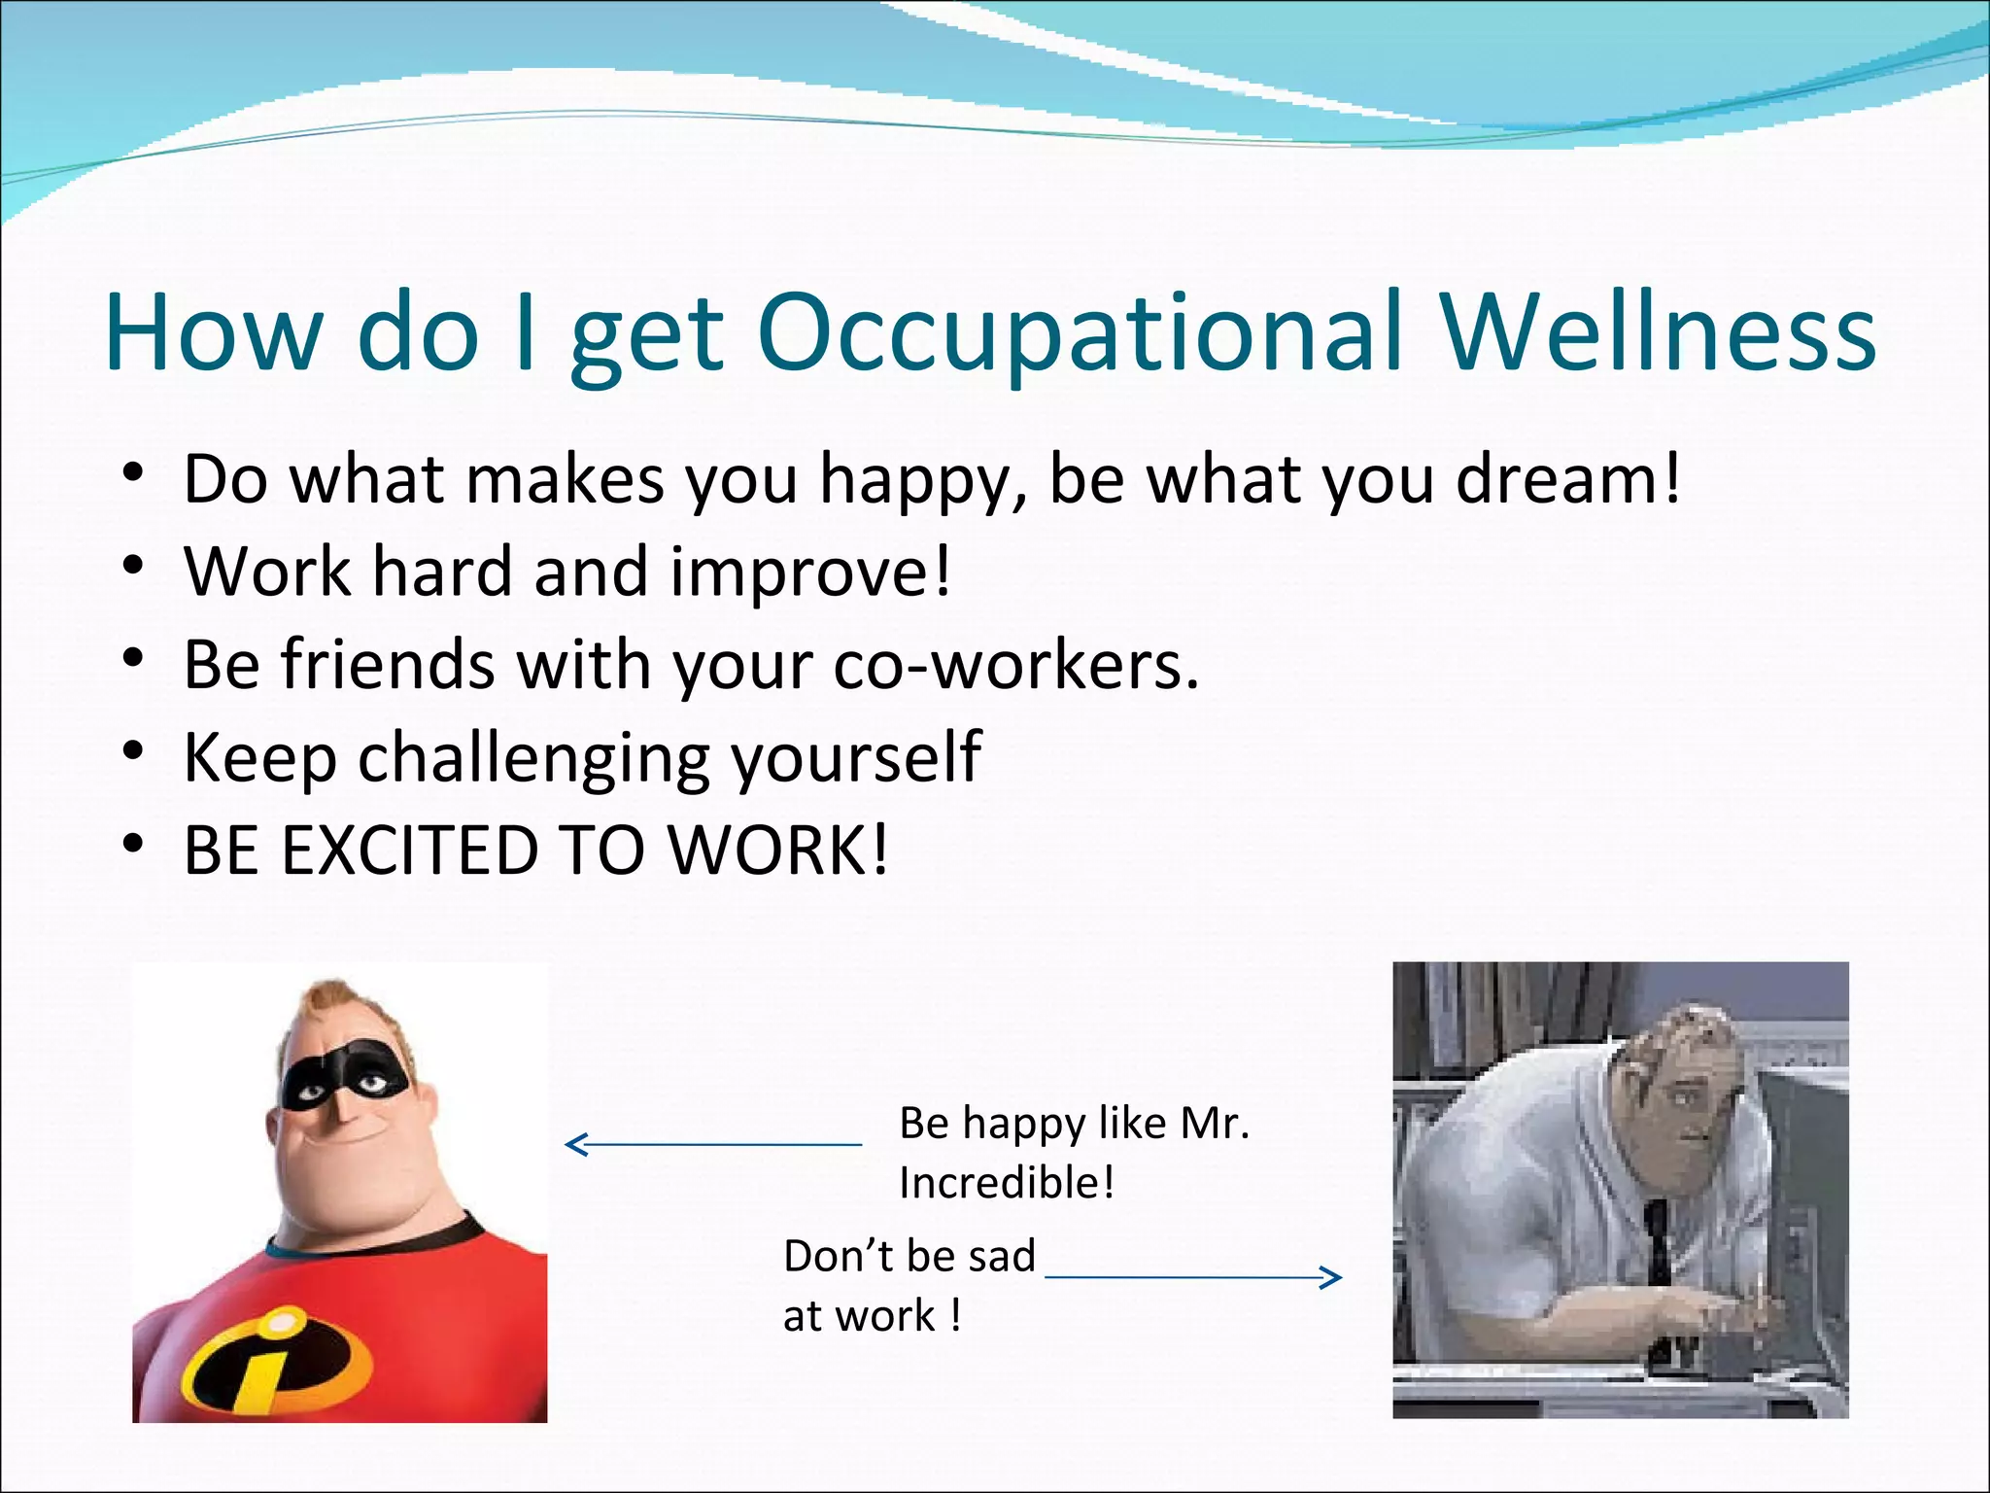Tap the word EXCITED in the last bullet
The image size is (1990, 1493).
[409, 850]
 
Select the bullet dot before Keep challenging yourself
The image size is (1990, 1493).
[134, 752]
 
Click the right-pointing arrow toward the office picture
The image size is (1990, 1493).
[1193, 1276]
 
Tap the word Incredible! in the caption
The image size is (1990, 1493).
[1007, 1183]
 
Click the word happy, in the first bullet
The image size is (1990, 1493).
[924, 480]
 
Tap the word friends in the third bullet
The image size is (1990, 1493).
[389, 665]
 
